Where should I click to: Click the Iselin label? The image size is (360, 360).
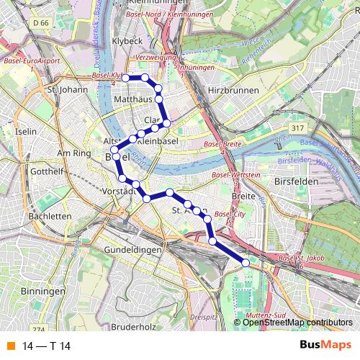(x=25, y=132)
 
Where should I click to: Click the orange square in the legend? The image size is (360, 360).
(x=11, y=344)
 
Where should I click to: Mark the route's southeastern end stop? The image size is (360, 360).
(x=246, y=263)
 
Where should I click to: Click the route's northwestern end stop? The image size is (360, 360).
(x=126, y=77)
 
